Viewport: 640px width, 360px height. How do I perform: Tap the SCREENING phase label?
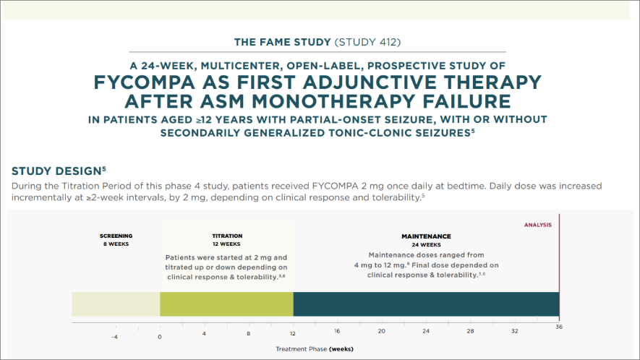click(x=116, y=236)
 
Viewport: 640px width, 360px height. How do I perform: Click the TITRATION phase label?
click(x=226, y=236)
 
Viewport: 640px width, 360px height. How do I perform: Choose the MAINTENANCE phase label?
click(x=426, y=236)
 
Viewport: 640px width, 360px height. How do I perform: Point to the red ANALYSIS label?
click(x=537, y=225)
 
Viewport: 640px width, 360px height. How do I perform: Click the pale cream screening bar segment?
click(x=116, y=304)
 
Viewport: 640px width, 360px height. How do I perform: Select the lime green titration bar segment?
click(x=226, y=304)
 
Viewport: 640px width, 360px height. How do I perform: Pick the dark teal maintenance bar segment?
click(x=426, y=304)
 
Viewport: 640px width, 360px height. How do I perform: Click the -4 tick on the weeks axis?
click(x=115, y=336)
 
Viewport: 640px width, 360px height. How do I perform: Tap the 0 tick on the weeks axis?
click(x=160, y=336)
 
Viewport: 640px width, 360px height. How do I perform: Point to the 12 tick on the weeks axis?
click(x=293, y=333)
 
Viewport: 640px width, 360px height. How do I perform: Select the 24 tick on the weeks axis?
click(x=426, y=330)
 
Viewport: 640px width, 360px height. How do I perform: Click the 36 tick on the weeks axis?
click(x=559, y=327)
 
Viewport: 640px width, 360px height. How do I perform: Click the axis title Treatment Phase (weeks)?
click(x=315, y=348)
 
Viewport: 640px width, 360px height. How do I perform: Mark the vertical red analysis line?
click(x=559, y=267)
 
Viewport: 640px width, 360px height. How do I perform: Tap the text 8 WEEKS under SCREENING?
click(x=116, y=244)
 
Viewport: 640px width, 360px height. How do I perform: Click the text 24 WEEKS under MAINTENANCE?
click(x=426, y=244)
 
